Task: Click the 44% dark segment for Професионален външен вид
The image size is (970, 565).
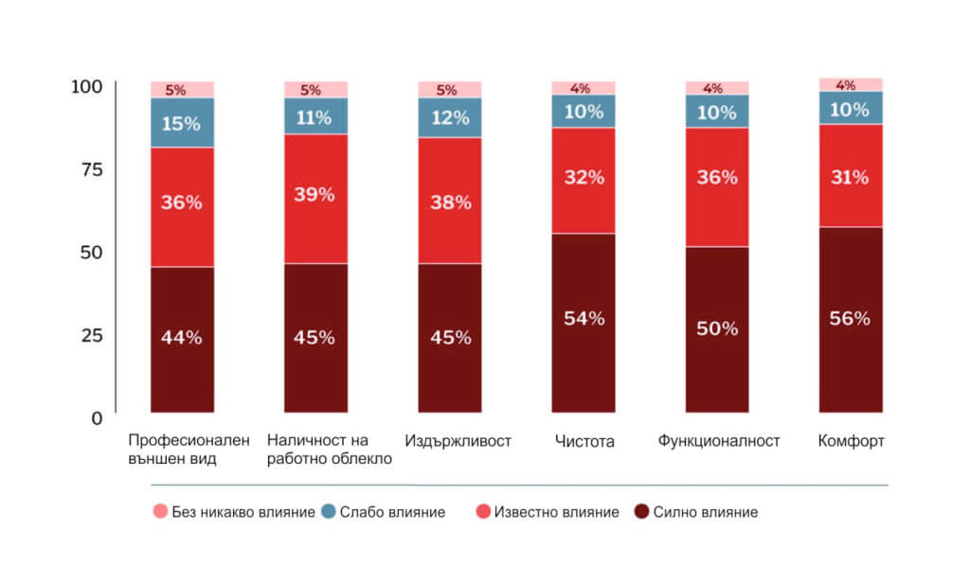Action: [x=181, y=339]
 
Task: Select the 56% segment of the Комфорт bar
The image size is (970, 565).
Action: [x=850, y=319]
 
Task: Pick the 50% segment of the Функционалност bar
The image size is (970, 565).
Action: [x=716, y=329]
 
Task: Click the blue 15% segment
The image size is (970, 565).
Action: [x=181, y=122]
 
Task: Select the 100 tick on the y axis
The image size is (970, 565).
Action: [x=86, y=87]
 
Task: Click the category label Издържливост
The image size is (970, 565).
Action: [x=458, y=441]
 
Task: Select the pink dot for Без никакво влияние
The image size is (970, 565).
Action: [x=159, y=512]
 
